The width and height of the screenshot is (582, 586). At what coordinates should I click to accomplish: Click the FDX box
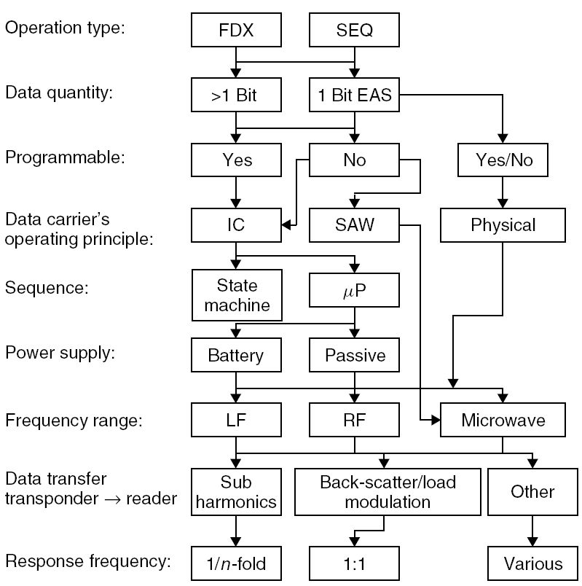point(235,32)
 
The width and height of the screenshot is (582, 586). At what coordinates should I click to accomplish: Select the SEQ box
point(354,32)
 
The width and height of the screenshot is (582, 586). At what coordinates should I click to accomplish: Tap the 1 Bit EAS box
point(354,95)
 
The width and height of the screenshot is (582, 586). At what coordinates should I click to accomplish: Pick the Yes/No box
point(503,160)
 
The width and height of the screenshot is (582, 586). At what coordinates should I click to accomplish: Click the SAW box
point(354,224)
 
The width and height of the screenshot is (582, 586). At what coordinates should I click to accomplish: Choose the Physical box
point(503,224)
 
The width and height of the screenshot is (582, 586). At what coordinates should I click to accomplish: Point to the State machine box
point(235,294)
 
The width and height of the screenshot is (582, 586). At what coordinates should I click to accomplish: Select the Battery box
point(235,356)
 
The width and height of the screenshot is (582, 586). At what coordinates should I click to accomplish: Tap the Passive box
point(354,356)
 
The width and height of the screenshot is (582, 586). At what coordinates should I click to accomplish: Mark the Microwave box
point(503,421)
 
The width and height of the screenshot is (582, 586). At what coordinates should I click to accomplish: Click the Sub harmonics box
point(235,492)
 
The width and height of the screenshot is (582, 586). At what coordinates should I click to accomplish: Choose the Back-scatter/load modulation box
point(387,492)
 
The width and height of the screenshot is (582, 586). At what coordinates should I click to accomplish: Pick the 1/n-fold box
point(235,563)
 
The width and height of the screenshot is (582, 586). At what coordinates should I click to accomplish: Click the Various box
point(532,563)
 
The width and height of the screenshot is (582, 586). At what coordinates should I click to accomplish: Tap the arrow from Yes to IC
point(235,192)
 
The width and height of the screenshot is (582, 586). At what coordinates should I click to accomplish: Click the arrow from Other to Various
point(532,530)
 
